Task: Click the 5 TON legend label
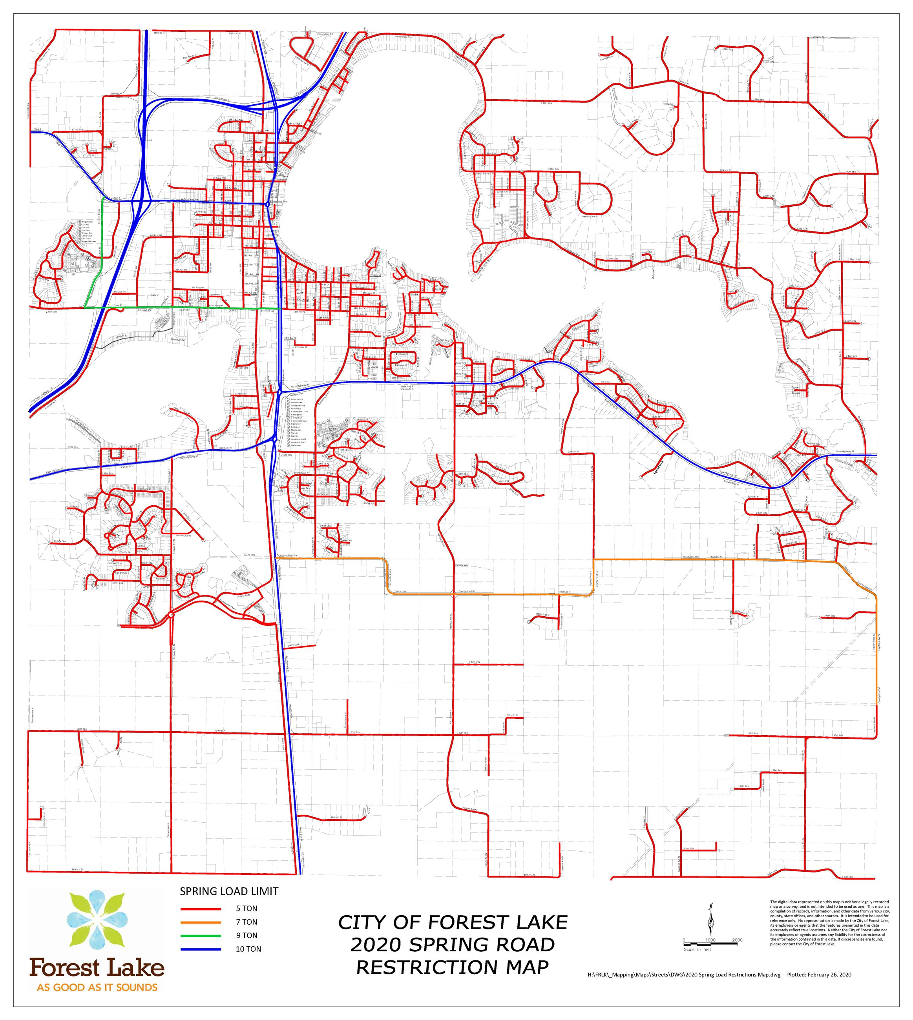click(247, 908)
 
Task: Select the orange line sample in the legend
click(200, 922)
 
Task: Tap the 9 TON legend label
click(247, 935)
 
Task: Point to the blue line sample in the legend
click(200, 949)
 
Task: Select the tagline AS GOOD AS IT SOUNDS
click(97, 987)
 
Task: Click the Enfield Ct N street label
click(59, 542)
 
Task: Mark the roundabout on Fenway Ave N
click(172, 615)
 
